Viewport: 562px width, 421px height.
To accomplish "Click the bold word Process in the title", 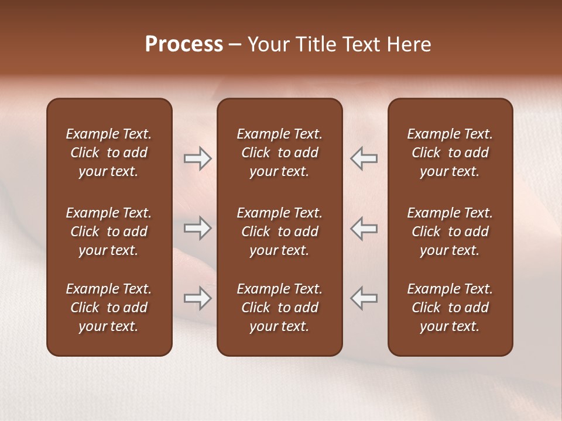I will click(184, 44).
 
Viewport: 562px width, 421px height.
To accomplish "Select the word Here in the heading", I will click(409, 44).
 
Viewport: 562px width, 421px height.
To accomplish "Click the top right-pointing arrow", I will click(198, 158).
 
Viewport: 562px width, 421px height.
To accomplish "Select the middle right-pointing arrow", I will click(198, 228).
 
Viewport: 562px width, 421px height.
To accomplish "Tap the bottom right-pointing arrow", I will click(198, 298).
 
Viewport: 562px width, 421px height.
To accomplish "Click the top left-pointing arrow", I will click(364, 158).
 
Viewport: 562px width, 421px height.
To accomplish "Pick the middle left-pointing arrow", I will click(364, 228).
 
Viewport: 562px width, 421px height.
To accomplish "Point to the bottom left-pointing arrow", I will click(364, 298).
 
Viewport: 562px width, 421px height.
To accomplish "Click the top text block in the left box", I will click(109, 153).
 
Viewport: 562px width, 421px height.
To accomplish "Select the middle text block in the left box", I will click(109, 232).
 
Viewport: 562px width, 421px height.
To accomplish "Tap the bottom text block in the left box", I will click(109, 308).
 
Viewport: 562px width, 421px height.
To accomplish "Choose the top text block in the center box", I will click(279, 153).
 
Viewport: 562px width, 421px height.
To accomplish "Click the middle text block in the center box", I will click(279, 232).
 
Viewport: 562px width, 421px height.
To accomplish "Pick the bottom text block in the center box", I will click(279, 308).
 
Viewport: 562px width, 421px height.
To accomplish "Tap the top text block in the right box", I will click(450, 153).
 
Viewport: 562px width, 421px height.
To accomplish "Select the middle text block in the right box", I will click(450, 232).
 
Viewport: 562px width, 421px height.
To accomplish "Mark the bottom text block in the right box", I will click(450, 308).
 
